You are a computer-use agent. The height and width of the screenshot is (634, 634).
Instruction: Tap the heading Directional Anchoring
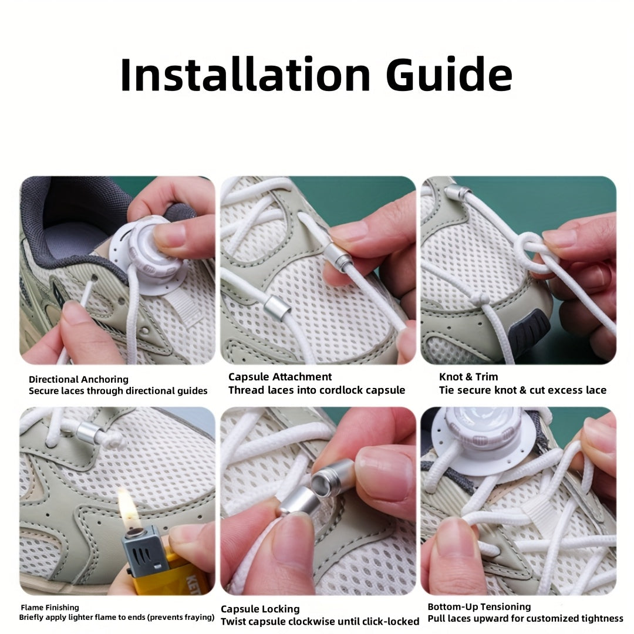coord(79,379)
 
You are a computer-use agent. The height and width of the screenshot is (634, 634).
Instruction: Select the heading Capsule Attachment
coord(280,377)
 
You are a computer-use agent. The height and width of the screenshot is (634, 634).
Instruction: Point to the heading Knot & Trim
coord(468,377)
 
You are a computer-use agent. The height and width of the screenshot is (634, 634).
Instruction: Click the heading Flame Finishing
coord(50,608)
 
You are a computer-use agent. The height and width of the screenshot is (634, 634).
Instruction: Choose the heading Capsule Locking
coord(260,609)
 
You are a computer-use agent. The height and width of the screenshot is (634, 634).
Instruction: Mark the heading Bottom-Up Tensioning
coord(479,607)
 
